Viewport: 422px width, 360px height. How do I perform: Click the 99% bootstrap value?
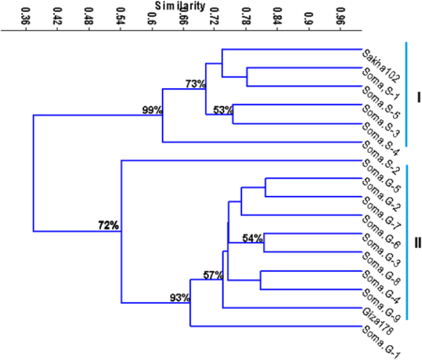tap(152, 110)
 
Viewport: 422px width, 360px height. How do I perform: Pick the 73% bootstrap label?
tap(195, 84)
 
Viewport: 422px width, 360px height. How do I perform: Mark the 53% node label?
tap(223, 110)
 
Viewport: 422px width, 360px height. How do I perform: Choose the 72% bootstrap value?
tap(108, 226)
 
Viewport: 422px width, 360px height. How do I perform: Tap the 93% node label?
tap(181, 298)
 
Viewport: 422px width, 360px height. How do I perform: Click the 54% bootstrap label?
tap(253, 238)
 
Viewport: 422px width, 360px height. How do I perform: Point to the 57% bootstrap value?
tap(213, 275)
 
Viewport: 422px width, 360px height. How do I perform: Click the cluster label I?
tap(418, 97)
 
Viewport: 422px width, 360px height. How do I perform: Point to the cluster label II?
tap(418, 242)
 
